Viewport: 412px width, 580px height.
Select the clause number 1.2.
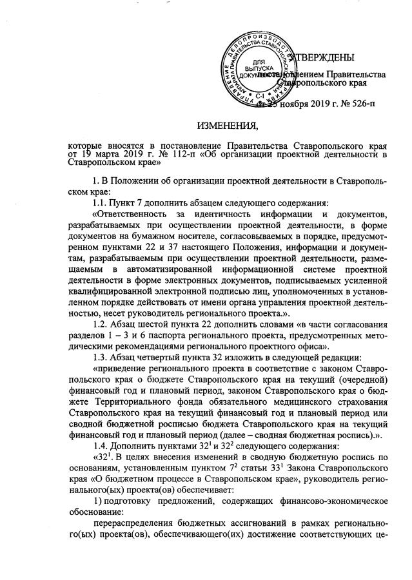click(x=102, y=326)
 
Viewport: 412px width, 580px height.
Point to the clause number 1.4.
click(x=102, y=458)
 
